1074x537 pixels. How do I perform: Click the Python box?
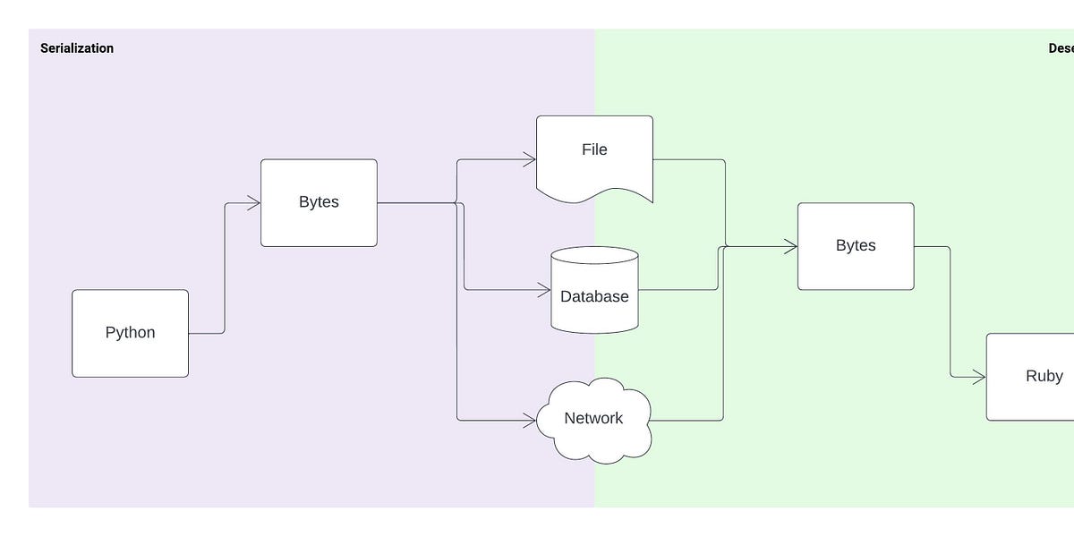(130, 333)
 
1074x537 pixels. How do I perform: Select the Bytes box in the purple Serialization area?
(319, 202)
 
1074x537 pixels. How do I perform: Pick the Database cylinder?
(594, 295)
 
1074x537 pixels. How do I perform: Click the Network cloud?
(594, 419)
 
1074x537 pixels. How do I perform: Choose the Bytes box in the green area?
(856, 246)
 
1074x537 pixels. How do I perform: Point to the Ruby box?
(1038, 377)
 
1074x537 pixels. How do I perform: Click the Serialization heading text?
(77, 48)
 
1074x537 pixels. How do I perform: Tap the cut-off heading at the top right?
(1061, 48)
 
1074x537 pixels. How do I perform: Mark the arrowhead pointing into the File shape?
(530, 160)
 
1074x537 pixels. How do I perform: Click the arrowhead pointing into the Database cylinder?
(544, 290)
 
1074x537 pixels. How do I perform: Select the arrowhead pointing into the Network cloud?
(530, 420)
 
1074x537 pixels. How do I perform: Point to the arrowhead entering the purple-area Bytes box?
(254, 203)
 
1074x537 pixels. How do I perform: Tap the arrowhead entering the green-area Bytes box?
(791, 246)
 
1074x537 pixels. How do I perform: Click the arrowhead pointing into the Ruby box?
(980, 378)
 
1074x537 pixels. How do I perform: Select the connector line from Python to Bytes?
(224, 268)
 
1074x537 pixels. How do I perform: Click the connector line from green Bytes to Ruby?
(950, 313)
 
